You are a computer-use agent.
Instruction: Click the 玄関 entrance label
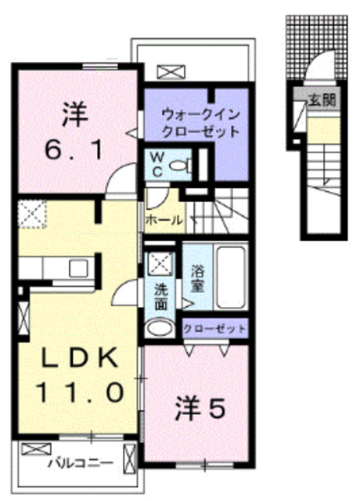(322, 100)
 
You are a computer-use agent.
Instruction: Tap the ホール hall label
(164, 220)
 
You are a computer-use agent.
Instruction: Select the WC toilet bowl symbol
(180, 165)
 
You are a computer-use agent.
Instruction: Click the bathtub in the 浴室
(232, 277)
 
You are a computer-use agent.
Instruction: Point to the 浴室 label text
(198, 279)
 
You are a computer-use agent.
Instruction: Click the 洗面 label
(161, 297)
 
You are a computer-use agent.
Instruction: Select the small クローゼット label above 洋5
(214, 329)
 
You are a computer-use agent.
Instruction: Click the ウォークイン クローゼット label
(200, 123)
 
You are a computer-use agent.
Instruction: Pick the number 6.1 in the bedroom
(74, 150)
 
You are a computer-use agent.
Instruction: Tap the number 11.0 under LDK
(80, 392)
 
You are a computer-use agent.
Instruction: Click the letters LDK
(80, 357)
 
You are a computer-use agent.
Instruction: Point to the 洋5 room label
(200, 409)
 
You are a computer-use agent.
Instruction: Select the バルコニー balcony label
(81, 463)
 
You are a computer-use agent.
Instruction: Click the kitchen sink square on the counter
(78, 268)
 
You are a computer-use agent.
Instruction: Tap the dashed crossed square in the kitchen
(32, 214)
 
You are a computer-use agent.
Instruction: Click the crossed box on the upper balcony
(171, 71)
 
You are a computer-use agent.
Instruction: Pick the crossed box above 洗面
(161, 264)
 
